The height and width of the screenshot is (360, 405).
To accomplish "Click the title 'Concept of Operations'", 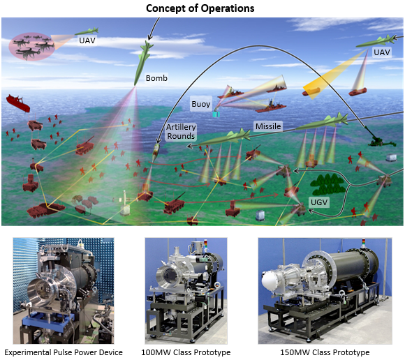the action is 200,8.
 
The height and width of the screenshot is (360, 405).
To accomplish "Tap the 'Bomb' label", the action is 156,78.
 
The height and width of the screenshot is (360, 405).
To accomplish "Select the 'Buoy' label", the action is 201,104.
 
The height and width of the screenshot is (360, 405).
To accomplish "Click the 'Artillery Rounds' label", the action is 181,132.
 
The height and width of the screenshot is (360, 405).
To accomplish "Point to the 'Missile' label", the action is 268,126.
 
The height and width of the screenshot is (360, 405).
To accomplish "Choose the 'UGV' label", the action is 319,202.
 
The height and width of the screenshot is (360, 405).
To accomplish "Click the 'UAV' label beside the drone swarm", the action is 87,40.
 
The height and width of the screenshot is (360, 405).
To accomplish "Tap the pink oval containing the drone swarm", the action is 31,47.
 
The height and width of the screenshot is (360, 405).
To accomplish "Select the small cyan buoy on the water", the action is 216,114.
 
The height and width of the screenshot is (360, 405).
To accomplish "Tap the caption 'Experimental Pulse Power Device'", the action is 64,352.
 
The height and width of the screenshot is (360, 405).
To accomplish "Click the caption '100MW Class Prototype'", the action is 186,352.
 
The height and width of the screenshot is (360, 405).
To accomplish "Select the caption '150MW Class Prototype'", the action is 325,352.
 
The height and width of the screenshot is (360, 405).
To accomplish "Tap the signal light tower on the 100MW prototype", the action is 205,246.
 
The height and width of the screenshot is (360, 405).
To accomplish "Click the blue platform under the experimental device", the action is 47,320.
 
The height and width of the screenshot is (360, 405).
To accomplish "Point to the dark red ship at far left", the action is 18,103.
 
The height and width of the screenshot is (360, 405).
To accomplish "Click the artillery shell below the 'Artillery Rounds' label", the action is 156,150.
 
